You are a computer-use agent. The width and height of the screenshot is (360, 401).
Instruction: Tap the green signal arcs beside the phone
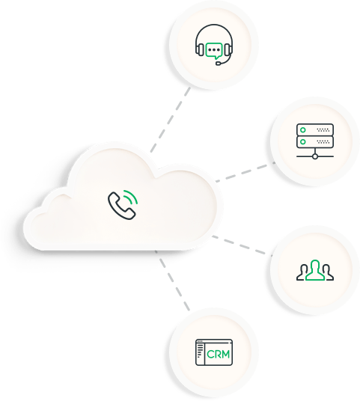click(132, 196)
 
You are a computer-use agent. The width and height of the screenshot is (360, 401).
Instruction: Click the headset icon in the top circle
click(214, 44)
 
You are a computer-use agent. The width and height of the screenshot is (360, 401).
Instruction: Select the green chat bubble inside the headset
click(214, 50)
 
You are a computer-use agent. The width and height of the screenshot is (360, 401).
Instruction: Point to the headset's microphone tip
click(218, 63)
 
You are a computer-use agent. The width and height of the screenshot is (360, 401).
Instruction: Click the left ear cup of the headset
click(200, 49)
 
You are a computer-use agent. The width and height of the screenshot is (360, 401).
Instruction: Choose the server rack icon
click(315, 141)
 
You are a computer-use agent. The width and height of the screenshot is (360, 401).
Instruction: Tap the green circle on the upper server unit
click(303, 130)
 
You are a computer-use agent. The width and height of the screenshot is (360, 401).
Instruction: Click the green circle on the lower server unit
click(303, 141)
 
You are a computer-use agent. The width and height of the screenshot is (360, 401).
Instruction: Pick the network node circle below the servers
click(315, 156)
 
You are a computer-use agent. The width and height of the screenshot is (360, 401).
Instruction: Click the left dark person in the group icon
click(302, 274)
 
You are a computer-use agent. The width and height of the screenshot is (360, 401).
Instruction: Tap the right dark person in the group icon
click(328, 274)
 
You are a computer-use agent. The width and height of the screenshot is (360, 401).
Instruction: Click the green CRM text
click(218, 354)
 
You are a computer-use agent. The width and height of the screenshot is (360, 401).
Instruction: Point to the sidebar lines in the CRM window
click(200, 350)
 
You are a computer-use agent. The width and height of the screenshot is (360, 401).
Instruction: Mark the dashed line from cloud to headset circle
click(171, 120)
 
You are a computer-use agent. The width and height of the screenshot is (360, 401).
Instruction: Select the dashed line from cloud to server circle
click(245, 172)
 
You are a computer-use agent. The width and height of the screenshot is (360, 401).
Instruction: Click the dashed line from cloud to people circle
click(242, 245)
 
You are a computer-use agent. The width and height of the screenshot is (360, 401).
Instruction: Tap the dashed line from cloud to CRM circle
click(172, 281)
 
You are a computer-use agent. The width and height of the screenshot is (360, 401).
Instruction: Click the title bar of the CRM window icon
click(214, 341)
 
